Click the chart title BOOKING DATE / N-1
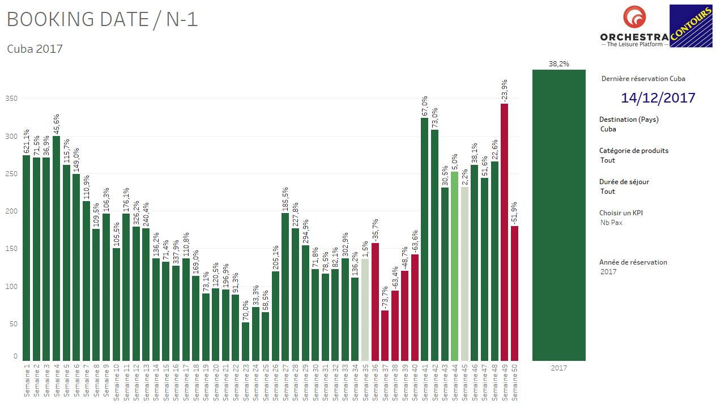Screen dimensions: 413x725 coord(102,20)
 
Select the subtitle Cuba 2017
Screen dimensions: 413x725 coord(35,49)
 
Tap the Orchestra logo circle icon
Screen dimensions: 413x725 coord(634,18)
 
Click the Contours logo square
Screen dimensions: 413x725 coord(690,26)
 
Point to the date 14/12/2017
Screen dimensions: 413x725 coord(658,97)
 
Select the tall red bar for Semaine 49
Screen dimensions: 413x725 coord(504,232)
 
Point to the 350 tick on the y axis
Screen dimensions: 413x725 coord(12,99)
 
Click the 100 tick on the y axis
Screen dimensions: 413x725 coord(12,287)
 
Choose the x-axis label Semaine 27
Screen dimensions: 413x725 coord(285,382)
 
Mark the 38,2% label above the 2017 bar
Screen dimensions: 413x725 coord(558,64)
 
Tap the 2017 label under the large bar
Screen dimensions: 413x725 coord(558,368)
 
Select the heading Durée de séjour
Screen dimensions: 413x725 coord(624,182)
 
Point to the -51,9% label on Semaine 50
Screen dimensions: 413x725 coord(514,214)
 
